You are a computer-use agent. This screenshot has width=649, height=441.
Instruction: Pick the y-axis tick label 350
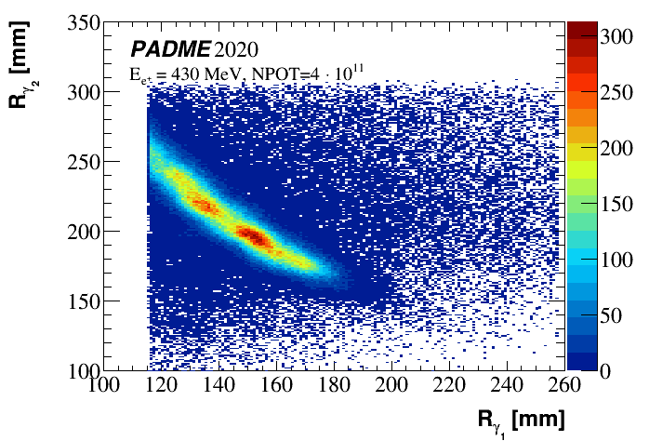click(x=81, y=22)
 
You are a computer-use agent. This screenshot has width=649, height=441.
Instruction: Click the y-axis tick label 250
click(x=81, y=162)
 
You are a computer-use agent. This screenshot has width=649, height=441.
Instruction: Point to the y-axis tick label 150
click(x=81, y=301)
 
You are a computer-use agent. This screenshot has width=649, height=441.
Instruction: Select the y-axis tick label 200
click(x=81, y=231)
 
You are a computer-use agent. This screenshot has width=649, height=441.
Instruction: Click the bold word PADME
click(x=170, y=48)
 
